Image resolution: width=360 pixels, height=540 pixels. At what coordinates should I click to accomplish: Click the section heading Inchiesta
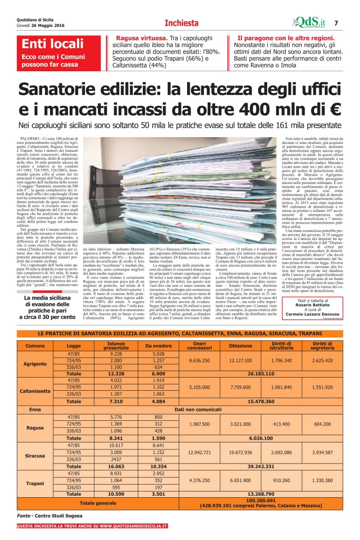pos(181,23)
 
